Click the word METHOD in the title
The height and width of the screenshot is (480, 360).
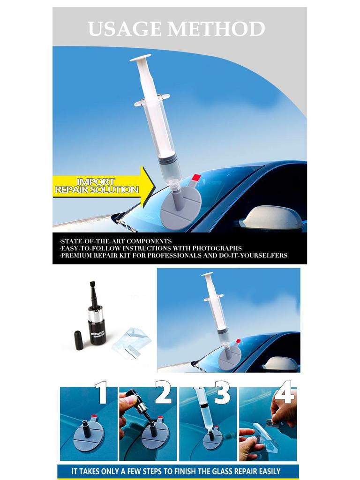(216, 30)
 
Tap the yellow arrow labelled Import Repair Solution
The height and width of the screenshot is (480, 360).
(103, 186)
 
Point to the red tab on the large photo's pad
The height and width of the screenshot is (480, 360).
(196, 178)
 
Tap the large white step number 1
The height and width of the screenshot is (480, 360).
(102, 392)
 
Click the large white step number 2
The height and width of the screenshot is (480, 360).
(163, 392)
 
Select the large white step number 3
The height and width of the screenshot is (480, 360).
(222, 392)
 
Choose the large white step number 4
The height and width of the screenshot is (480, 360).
(284, 392)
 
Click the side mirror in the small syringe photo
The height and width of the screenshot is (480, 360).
(280, 363)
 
